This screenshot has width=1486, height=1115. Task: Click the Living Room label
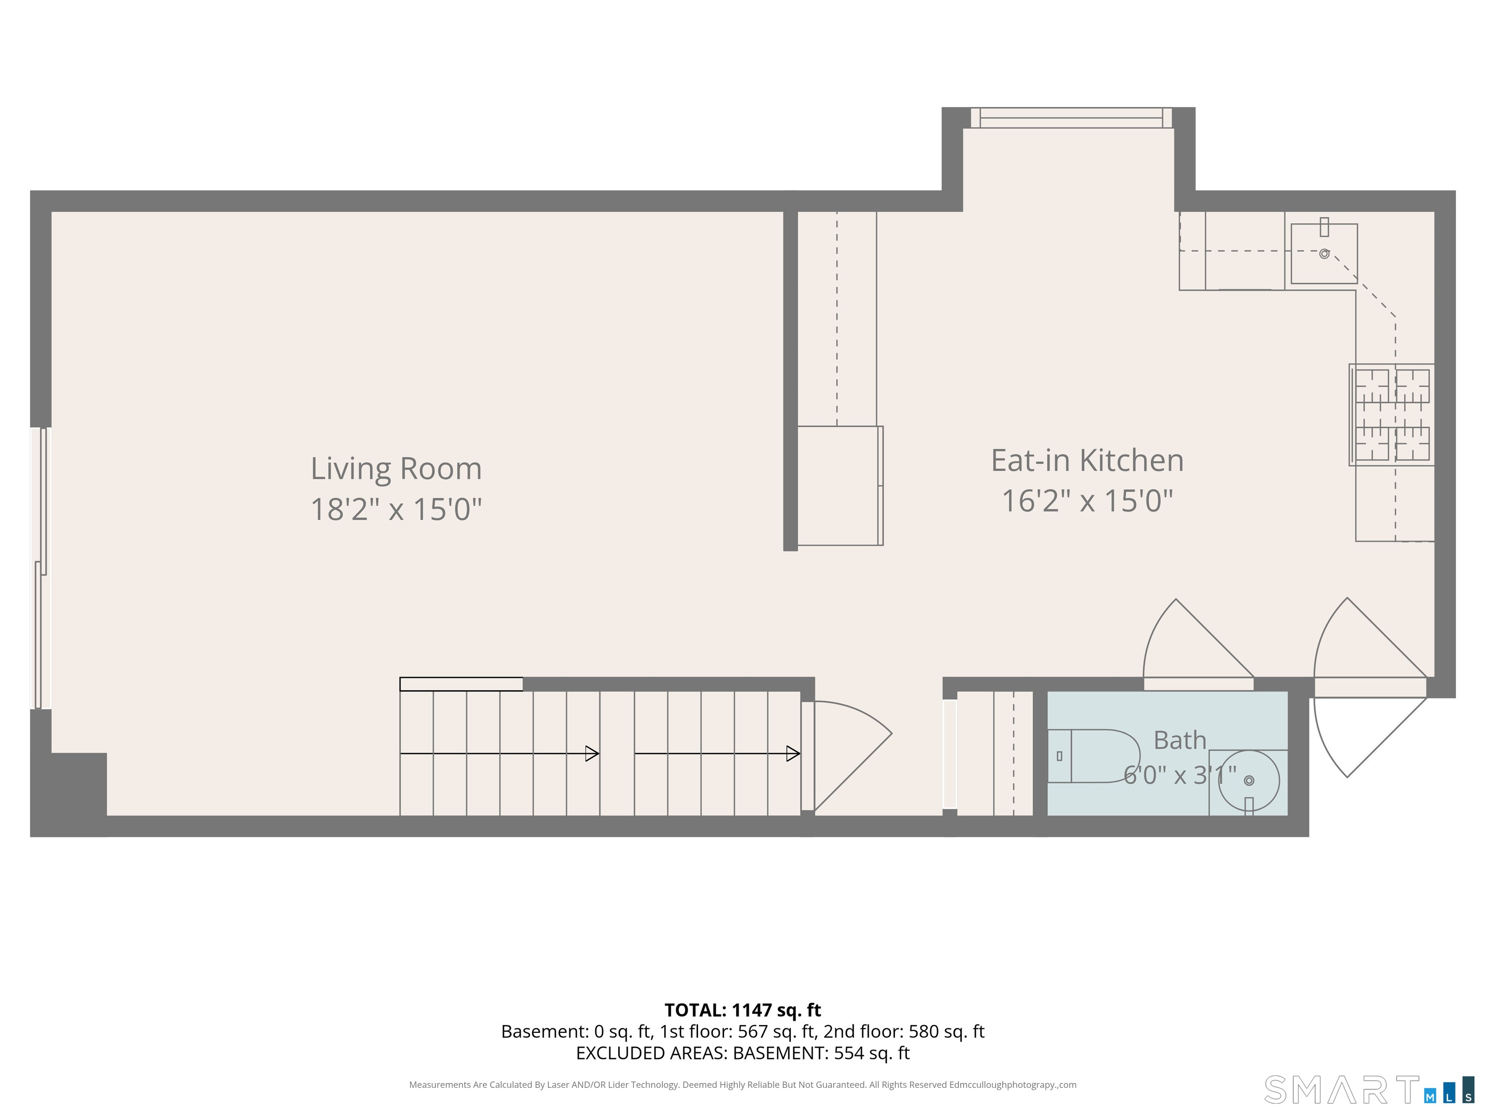click(396, 468)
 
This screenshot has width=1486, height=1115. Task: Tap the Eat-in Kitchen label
click(1087, 460)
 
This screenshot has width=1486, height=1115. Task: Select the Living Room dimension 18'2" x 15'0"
click(396, 509)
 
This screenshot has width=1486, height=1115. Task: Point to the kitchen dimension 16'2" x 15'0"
click(1087, 501)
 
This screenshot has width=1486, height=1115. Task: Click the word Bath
click(1180, 740)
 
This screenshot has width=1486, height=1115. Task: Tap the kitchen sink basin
click(1323, 254)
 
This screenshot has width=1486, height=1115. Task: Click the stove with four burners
click(1391, 415)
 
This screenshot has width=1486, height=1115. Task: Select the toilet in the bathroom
click(1094, 756)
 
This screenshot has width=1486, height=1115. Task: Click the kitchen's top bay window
click(1071, 118)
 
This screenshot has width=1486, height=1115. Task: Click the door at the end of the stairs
click(847, 755)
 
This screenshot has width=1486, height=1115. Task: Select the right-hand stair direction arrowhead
click(793, 754)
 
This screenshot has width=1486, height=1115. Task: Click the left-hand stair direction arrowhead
click(592, 754)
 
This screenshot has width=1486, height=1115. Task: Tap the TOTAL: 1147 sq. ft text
click(743, 1010)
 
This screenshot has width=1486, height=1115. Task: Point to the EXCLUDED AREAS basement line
click(743, 1053)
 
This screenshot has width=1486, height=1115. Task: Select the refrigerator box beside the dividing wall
click(840, 485)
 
